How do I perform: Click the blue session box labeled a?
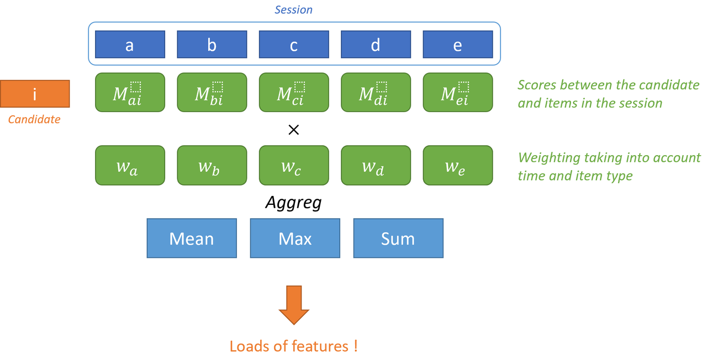tap(130, 44)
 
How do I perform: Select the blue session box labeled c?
tap(294, 44)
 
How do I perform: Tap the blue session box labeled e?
tap(457, 44)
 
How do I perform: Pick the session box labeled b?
tap(212, 44)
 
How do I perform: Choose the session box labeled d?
tap(376, 44)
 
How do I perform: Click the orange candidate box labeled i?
tap(35, 94)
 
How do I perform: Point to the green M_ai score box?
tap(130, 93)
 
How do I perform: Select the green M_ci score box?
tap(294, 93)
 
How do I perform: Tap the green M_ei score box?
tap(457, 93)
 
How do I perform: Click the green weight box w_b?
tap(212, 165)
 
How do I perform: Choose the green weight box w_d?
tap(376, 165)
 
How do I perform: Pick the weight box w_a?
tap(130, 165)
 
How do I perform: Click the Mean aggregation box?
tap(192, 239)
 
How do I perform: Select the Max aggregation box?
tap(295, 239)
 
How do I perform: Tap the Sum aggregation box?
tap(398, 239)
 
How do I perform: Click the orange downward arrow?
tap(294, 305)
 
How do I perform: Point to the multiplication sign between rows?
tap(294, 130)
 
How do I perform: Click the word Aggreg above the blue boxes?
tap(293, 203)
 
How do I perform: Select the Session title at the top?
tap(294, 10)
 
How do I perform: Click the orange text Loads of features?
tap(294, 346)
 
